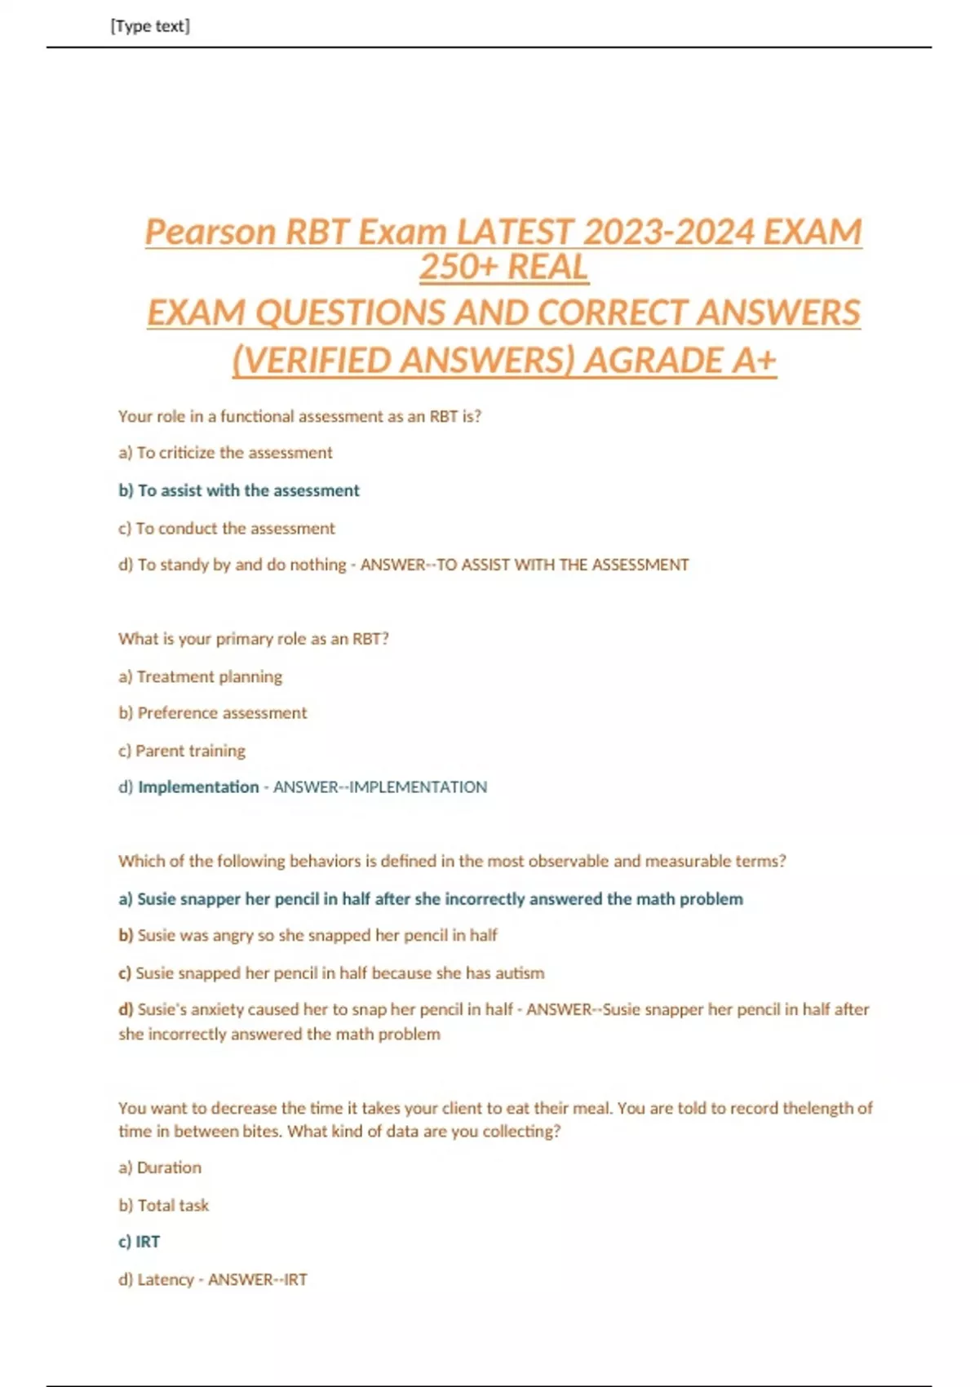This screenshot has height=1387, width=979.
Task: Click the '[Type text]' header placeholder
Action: pyautogui.click(x=150, y=26)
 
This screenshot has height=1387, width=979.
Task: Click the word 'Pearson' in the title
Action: pyautogui.click(x=210, y=232)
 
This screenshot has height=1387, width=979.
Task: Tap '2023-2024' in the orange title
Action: pyautogui.click(x=668, y=232)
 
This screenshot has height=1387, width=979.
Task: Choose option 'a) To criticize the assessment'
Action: pyautogui.click(x=225, y=453)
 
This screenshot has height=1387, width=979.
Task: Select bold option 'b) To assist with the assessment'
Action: pyautogui.click(x=239, y=490)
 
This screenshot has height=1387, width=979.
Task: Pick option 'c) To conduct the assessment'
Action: pyautogui.click(x=227, y=529)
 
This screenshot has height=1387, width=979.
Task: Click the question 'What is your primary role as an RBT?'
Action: pyautogui.click(x=254, y=639)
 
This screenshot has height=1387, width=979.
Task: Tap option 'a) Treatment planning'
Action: pyautogui.click(x=201, y=676)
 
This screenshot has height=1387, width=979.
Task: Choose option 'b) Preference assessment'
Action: pyautogui.click(x=213, y=713)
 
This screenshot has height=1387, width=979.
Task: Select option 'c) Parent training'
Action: pyautogui.click(x=182, y=751)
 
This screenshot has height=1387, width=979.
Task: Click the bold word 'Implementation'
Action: pyautogui.click(x=198, y=787)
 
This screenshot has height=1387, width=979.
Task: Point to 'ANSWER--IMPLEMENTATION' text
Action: pyautogui.click(x=380, y=787)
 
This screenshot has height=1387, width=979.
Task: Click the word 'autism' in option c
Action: pyautogui.click(x=520, y=973)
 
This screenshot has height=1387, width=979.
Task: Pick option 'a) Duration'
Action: pyautogui.click(x=160, y=1168)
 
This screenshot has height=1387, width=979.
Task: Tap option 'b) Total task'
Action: pyautogui.click(x=164, y=1205)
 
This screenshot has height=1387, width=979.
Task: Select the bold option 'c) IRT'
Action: pyautogui.click(x=140, y=1242)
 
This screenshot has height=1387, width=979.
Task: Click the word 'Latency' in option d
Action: pyautogui.click(x=166, y=1279)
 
